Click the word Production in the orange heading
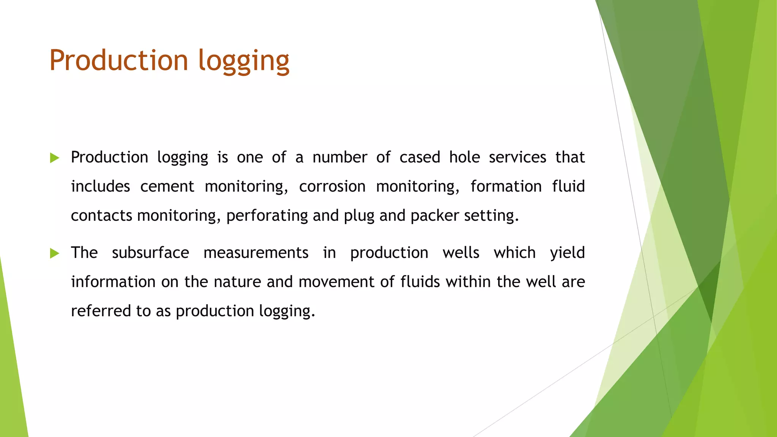(119, 60)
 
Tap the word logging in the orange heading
(244, 61)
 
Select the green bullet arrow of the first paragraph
(55, 158)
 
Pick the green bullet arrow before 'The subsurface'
(55, 253)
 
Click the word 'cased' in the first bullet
(420, 157)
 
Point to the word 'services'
(517, 157)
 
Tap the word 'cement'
(167, 187)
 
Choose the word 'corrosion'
(332, 187)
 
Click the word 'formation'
(506, 187)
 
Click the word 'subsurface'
(150, 253)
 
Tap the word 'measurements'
(256, 253)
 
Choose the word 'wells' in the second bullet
(461, 253)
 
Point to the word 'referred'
(101, 311)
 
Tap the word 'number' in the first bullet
(340, 157)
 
